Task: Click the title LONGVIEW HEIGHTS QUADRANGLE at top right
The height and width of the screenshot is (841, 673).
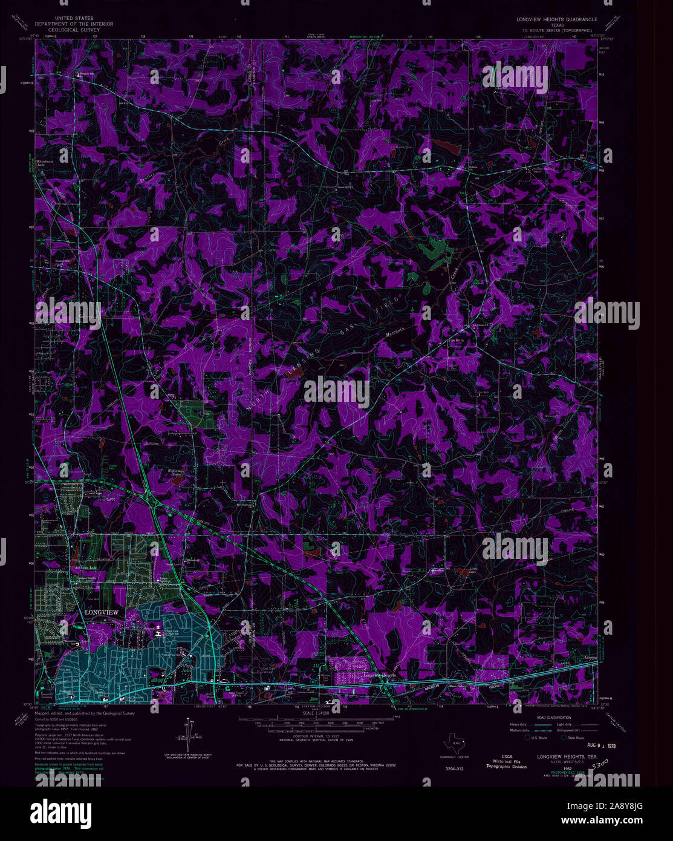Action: point(556,19)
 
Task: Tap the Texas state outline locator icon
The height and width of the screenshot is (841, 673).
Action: point(454,745)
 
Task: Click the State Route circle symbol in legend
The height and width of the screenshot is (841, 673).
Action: point(564,738)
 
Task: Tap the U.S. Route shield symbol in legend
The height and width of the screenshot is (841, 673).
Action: point(527,738)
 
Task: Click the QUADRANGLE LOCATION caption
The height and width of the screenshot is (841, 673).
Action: point(454,757)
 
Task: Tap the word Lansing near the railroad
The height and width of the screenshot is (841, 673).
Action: point(590,656)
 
